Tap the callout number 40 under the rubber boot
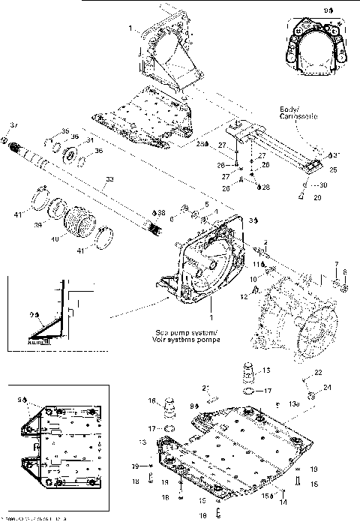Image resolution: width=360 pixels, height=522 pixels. [x=54, y=239]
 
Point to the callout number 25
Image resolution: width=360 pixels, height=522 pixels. [x=333, y=170]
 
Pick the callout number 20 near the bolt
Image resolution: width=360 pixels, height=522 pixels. [x=316, y=197]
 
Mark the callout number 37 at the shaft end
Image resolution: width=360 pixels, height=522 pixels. [x=13, y=124]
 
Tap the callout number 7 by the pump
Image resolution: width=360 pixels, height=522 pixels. [x=335, y=264]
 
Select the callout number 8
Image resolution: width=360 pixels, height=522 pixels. [x=345, y=272]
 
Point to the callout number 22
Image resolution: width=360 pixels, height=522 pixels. [x=318, y=373]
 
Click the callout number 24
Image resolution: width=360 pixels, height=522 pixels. [x=327, y=387]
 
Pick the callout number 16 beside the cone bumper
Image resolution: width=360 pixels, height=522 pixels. [x=151, y=400]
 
